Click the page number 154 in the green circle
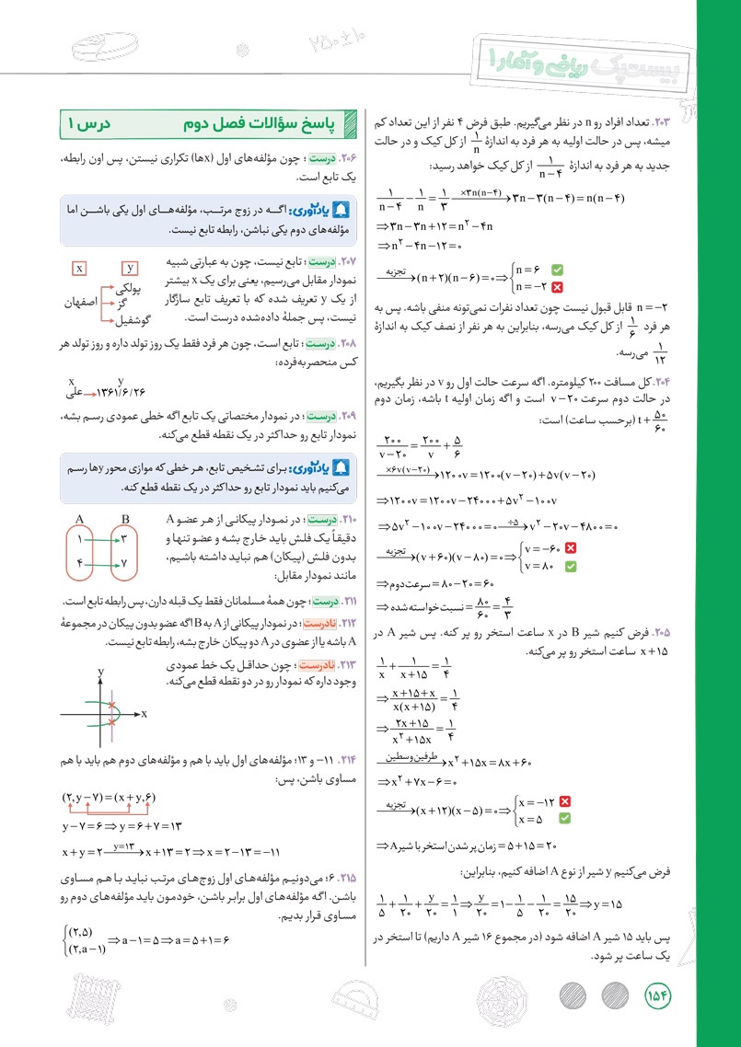pos(661,996)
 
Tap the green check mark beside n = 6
pos(556,270)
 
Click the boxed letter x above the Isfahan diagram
pos(81,268)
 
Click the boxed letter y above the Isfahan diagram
pos(130,268)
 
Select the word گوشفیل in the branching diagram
pos(132,319)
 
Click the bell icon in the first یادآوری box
pos(346,211)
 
